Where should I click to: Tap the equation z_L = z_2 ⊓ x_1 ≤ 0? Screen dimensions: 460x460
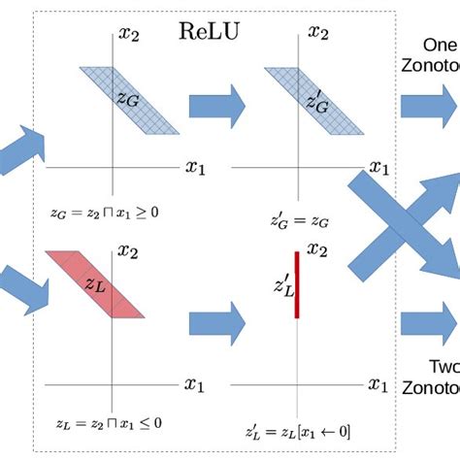click(x=104, y=422)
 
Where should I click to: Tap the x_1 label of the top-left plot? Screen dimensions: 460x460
click(x=195, y=166)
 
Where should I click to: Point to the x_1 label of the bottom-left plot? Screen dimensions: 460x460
click(x=196, y=383)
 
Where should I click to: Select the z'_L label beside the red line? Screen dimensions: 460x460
click(x=280, y=284)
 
